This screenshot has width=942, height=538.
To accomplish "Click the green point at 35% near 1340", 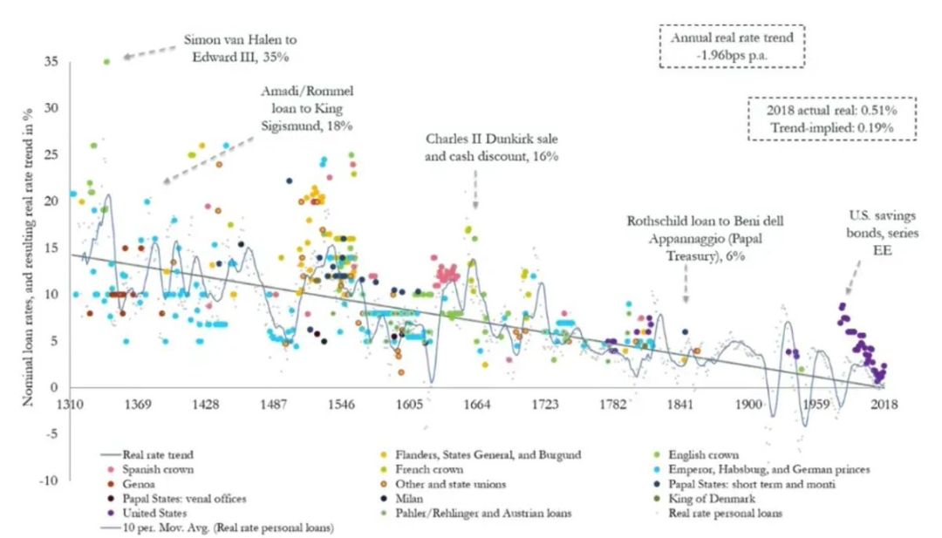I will (x=106, y=62).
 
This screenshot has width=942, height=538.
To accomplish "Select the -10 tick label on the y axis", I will (x=54, y=480).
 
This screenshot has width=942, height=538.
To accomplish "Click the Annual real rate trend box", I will (x=732, y=46).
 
